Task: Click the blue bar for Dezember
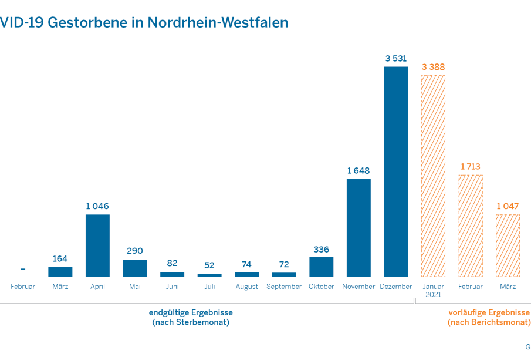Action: (x=396, y=171)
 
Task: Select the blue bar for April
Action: (x=97, y=245)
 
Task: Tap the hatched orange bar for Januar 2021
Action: (x=433, y=176)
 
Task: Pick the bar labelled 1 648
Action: (x=358, y=227)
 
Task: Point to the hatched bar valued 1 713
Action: (x=471, y=226)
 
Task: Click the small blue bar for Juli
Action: (x=209, y=275)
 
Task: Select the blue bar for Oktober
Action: (x=321, y=267)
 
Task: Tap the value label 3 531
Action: (x=396, y=59)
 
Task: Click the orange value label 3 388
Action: (x=433, y=67)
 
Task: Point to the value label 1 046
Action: (x=97, y=206)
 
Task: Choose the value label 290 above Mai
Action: (x=134, y=251)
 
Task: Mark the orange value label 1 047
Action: (x=508, y=206)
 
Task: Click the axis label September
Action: (x=284, y=287)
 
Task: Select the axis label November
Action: (x=358, y=287)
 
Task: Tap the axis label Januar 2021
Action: (x=433, y=290)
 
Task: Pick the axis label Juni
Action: (x=172, y=287)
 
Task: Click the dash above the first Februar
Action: (x=23, y=269)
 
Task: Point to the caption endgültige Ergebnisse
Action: (x=191, y=312)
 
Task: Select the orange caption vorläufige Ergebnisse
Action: (x=489, y=312)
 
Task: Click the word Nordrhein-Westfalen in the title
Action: (x=218, y=22)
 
